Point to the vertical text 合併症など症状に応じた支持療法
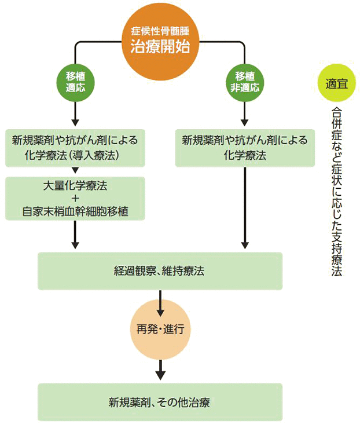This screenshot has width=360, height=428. pyautogui.click(x=336, y=191)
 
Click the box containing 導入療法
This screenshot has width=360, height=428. pyautogui.click(x=75, y=148)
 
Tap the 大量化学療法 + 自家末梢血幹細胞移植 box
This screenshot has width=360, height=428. pyautogui.click(x=75, y=199)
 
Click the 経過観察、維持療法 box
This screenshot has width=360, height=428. pyautogui.click(x=160, y=270)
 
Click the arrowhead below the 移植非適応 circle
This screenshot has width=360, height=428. pyautogui.click(x=244, y=122)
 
